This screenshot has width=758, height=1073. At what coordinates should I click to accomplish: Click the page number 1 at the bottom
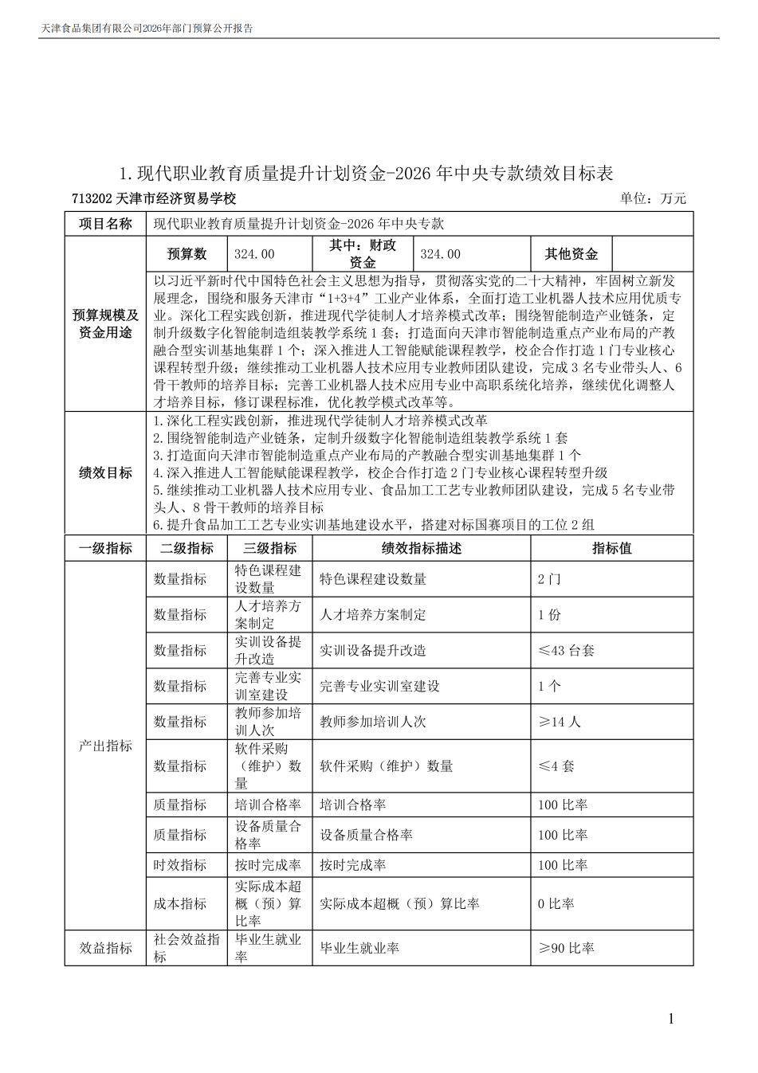point(671,1018)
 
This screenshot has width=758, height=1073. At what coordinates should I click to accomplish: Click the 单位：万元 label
point(652,198)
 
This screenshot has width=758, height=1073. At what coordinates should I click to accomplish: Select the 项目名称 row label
point(105,224)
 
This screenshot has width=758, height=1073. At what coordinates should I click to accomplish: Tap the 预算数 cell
point(187,254)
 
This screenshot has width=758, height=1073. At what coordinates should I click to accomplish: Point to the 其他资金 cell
point(571,254)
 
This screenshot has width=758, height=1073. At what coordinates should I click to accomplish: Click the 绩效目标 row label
point(105,473)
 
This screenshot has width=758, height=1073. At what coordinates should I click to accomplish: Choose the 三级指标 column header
point(269,548)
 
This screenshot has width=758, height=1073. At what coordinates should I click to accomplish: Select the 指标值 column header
point(611,548)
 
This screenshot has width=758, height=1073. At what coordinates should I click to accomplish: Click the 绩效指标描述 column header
point(421,548)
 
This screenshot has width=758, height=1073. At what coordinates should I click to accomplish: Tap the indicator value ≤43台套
point(566,650)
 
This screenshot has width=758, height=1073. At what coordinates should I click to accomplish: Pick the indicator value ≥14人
point(560,722)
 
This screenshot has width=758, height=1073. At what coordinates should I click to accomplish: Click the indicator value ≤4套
point(556,766)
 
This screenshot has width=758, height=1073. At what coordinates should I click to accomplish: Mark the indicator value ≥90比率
point(566,948)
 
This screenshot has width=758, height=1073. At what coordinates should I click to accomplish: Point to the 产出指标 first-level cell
point(105,746)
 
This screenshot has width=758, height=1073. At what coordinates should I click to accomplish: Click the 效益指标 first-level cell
point(105,948)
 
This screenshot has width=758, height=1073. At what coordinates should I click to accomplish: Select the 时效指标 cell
point(180,865)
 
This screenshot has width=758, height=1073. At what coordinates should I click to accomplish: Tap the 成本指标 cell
point(180,904)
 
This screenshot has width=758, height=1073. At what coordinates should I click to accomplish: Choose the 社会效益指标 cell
point(187,948)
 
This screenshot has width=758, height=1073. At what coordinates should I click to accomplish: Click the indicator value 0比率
point(556,904)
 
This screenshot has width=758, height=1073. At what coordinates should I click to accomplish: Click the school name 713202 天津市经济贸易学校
point(154,198)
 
